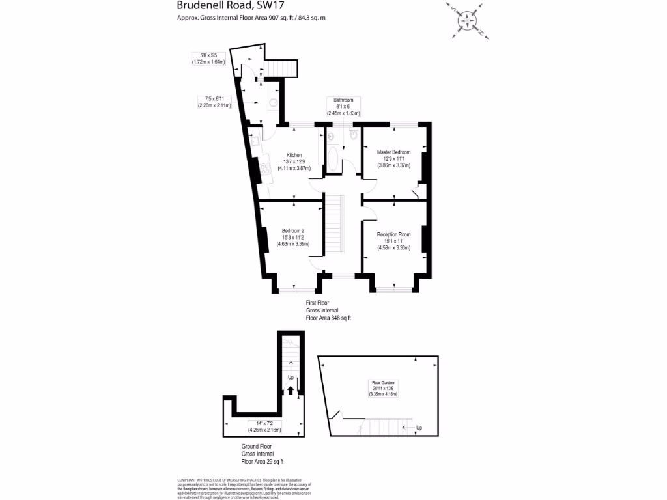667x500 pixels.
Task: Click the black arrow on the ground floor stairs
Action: pyautogui.click(x=290, y=391)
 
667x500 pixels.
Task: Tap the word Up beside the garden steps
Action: pyautogui.click(x=418, y=428)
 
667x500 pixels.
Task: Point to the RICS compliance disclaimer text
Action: pyautogui.click(x=244, y=488)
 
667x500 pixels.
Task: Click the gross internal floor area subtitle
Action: pyautogui.click(x=251, y=18)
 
